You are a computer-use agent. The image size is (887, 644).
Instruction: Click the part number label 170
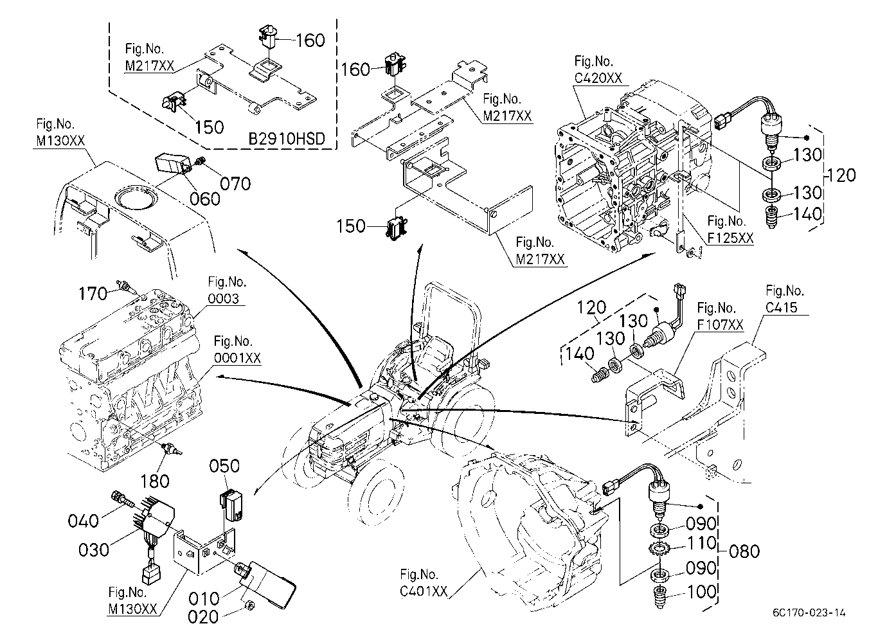coord(93,294)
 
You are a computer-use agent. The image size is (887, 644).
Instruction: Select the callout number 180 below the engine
coord(155,481)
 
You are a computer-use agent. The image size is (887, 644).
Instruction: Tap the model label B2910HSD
coord(287,139)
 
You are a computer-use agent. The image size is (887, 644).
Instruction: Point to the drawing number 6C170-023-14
coord(809,613)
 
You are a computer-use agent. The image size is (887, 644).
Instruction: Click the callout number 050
coord(224,466)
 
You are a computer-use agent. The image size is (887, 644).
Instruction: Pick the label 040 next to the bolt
coord(83,521)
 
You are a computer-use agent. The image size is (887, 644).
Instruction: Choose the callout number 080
coord(744,551)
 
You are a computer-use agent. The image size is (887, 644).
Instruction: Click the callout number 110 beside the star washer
coord(701,543)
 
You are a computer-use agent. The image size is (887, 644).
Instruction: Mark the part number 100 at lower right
coord(701,592)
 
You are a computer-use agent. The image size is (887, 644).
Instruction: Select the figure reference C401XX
coord(424,591)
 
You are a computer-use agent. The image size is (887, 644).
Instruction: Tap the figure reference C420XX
coord(598,78)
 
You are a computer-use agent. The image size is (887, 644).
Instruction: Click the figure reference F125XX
coord(730,238)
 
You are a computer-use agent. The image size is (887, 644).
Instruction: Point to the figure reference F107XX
coord(720,325)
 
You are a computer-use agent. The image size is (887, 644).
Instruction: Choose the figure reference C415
coord(782,307)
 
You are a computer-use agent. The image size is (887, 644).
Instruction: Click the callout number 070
coord(236,184)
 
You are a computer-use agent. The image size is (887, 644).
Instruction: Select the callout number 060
coord(205,199)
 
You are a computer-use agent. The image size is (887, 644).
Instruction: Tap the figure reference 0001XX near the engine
coord(237,358)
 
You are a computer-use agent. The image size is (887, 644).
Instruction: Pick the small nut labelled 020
coord(249,605)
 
